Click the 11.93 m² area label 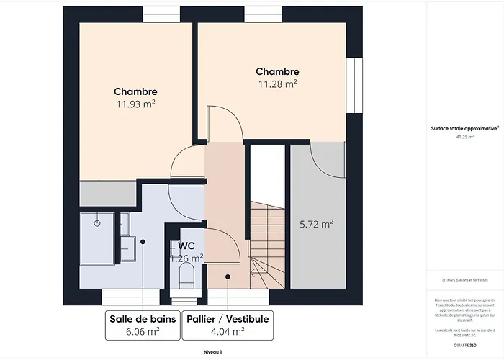point(135,104)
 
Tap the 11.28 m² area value point(277,84)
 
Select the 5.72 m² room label point(316,225)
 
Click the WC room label point(187,245)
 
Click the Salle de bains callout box point(141,325)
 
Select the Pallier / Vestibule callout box point(228,325)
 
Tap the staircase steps point(267,238)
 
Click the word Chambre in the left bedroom point(135,92)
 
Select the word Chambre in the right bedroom point(277,72)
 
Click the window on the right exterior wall point(353,85)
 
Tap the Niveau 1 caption point(212,351)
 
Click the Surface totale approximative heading point(464,128)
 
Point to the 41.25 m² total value point(464,136)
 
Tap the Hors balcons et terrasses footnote point(464,279)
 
